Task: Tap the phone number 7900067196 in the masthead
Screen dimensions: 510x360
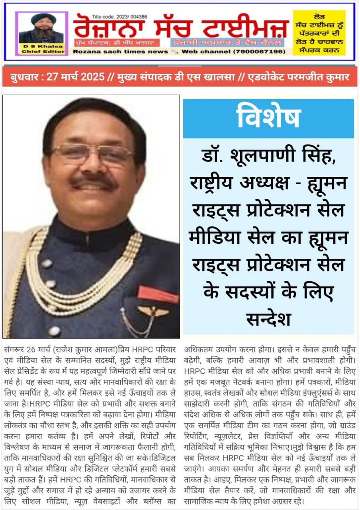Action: pos(263,52)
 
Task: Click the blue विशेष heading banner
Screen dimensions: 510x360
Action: pos(268,118)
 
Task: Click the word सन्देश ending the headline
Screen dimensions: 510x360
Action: pos(268,319)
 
